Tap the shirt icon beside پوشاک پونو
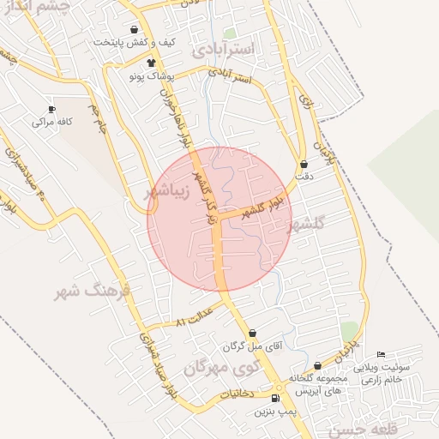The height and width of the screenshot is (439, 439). click(x=152, y=62)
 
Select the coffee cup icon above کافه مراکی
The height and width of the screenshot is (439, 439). click(x=51, y=109)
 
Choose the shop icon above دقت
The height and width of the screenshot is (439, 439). click(x=304, y=164)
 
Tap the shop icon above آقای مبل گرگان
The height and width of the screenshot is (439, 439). click(x=252, y=334)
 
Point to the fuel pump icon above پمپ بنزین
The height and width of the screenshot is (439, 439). click(x=275, y=399)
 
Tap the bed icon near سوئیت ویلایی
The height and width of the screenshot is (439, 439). click(x=382, y=356)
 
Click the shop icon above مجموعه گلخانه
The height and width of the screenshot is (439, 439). click(x=318, y=366)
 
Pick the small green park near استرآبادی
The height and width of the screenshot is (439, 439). click(x=230, y=33)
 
